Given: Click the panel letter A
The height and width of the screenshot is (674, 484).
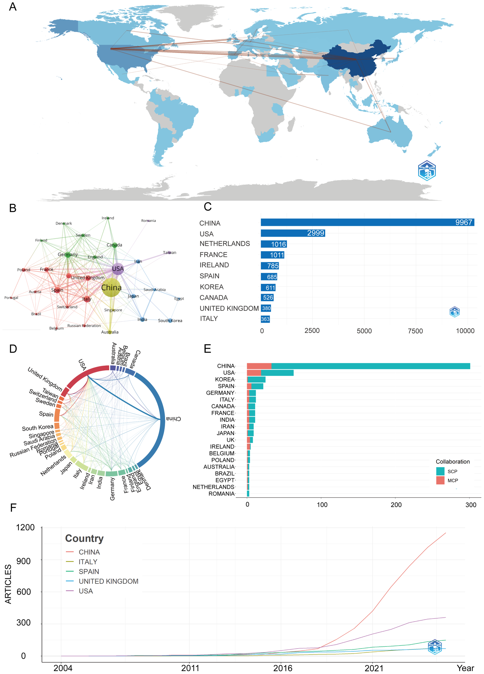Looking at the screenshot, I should (x=13, y=7).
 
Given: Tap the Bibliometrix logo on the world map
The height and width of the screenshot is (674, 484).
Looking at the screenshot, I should (x=426, y=171).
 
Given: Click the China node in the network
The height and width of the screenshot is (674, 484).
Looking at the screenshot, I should (x=111, y=288).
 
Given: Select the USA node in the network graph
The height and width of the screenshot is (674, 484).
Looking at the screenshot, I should (x=118, y=269).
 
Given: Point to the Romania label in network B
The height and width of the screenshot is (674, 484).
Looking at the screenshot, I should (x=149, y=221).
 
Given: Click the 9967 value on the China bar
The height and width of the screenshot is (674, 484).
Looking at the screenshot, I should (x=463, y=222).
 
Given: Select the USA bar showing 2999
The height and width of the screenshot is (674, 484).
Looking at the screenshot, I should (x=293, y=233).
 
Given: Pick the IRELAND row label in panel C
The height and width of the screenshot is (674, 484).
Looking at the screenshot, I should (x=214, y=265).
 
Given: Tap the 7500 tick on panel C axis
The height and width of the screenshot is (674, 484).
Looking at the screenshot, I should (x=415, y=331).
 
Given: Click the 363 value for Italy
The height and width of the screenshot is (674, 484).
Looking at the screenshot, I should (x=265, y=319).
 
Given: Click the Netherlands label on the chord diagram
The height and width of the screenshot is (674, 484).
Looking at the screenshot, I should (x=53, y=465).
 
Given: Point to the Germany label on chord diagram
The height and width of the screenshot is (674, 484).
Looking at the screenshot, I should (x=112, y=489).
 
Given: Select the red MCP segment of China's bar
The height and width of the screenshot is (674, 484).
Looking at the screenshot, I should (x=259, y=366).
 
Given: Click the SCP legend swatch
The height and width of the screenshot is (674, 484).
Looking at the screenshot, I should (x=440, y=471).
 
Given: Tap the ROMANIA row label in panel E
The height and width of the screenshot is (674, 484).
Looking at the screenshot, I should (x=221, y=494).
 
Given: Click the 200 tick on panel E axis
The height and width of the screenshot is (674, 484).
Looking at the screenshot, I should (x=396, y=505).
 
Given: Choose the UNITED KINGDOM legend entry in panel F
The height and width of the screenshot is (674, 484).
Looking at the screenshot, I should (x=108, y=581).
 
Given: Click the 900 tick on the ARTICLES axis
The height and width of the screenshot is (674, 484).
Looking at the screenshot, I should (x=23, y=561).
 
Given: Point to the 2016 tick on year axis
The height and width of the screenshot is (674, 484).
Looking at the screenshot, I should (x=282, y=668).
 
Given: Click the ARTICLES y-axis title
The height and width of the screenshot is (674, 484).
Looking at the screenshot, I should (x=8, y=584).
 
